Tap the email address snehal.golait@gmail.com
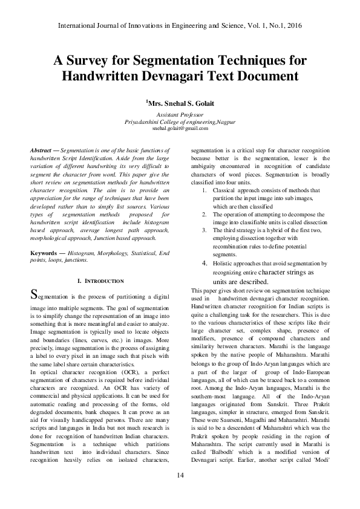(x=180, y=129)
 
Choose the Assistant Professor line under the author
(x=180, y=114)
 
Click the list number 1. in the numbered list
(x=204, y=190)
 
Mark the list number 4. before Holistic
(x=205, y=264)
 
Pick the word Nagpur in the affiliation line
(x=224, y=122)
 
